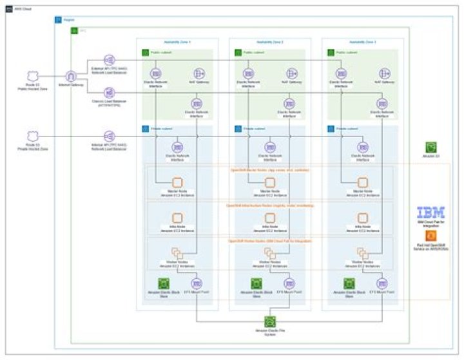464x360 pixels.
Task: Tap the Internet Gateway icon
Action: pyautogui.click(x=72, y=77)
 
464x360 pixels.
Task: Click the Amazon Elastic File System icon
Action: pyautogui.click(x=270, y=321)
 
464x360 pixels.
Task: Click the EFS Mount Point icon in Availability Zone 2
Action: pyautogui.click(x=290, y=283)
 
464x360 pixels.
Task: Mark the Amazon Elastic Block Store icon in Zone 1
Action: pyautogui.click(x=163, y=283)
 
